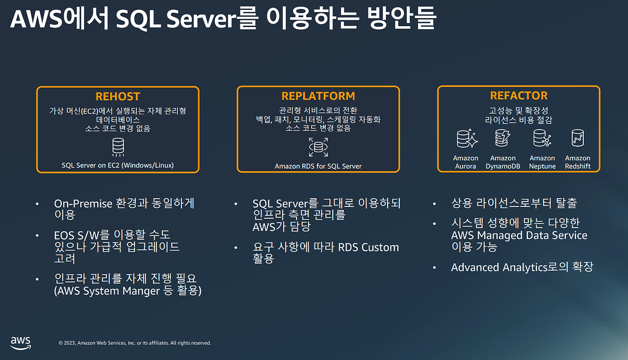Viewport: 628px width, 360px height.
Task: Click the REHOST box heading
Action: (x=118, y=97)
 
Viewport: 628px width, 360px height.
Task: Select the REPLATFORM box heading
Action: (x=318, y=96)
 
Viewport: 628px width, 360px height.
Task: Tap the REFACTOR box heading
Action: (x=519, y=96)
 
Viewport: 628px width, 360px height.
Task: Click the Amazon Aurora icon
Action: (x=466, y=139)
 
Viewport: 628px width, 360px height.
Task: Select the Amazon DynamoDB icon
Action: (x=503, y=139)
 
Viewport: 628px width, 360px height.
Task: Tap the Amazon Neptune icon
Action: (x=542, y=139)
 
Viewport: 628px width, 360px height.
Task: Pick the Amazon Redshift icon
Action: (x=577, y=139)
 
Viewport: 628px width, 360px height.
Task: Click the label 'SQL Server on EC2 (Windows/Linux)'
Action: (x=118, y=165)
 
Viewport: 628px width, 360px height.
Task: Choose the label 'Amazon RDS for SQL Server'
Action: (x=318, y=166)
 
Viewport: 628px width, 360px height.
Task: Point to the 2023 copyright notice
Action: (x=134, y=343)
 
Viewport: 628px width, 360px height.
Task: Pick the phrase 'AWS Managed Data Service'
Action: (x=519, y=235)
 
